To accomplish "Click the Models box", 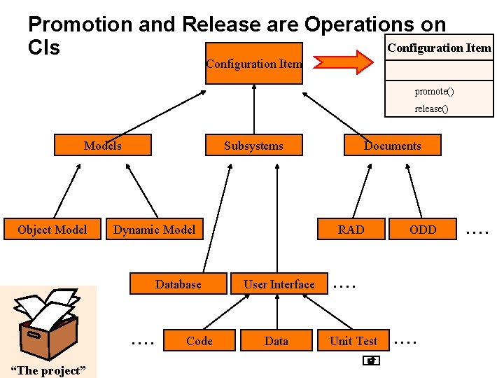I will (x=103, y=146).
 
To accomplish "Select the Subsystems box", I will (x=253, y=146).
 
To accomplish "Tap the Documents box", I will (x=392, y=146).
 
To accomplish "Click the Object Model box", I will (x=52, y=230).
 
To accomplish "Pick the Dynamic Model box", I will (x=154, y=230).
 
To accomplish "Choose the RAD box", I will (x=351, y=230).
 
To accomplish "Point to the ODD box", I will (x=423, y=230).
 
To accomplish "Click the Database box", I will (x=178, y=284).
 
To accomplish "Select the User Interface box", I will (x=279, y=284).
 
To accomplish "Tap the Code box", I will (x=199, y=341).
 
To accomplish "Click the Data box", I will (x=276, y=341).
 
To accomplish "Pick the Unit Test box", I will (x=353, y=341).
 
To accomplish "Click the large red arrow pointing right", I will (x=344, y=62).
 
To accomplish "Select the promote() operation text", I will (x=434, y=92).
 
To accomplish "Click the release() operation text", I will (x=431, y=108).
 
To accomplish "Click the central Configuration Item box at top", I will (x=253, y=63).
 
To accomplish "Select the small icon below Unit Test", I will (x=371, y=361).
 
